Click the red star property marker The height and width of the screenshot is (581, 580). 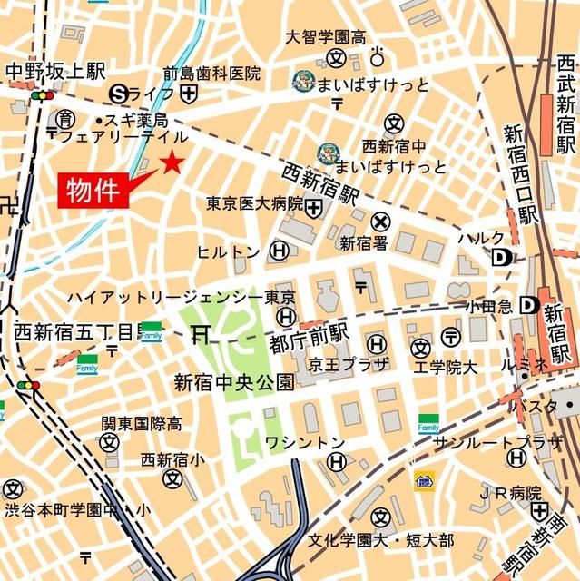[x=172, y=163]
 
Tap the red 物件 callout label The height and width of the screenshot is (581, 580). [x=93, y=190]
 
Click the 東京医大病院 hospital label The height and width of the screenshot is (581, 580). [x=254, y=204]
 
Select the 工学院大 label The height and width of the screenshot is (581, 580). [x=445, y=368]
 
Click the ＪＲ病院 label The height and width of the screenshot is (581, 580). [x=510, y=493]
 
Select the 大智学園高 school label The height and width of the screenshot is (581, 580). [x=326, y=38]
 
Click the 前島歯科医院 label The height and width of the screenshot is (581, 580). [x=211, y=74]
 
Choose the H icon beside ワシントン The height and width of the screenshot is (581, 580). [x=337, y=463]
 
